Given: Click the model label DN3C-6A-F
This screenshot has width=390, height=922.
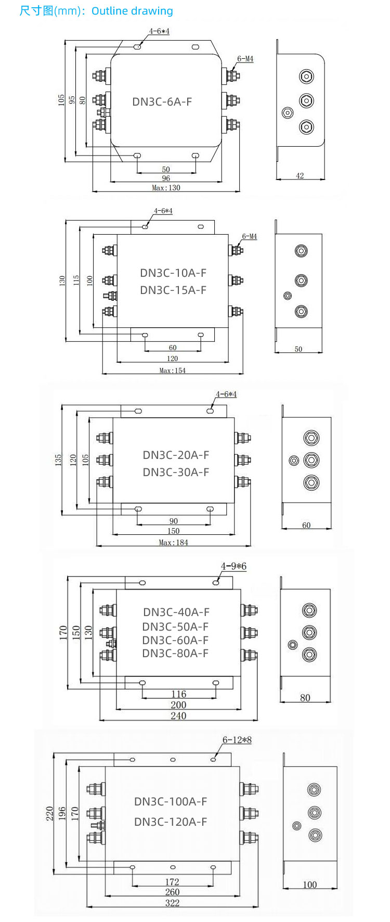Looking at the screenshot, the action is point(162,101).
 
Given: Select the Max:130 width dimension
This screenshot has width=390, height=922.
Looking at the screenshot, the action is point(166,187).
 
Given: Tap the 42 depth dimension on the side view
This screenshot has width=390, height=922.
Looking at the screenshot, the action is point(300,176).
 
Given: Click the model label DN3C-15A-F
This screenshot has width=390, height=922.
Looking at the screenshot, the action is point(173,290).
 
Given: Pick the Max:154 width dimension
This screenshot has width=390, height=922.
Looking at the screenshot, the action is point(172,370).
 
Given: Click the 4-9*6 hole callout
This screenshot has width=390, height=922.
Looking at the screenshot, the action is point(233,566).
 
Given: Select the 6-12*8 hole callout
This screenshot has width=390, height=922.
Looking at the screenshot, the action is point(237,739).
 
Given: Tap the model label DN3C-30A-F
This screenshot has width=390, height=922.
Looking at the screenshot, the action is point(176,472).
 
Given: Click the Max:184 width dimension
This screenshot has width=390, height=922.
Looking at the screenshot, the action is point(173,542).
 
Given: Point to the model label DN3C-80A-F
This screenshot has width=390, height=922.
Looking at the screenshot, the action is point(175,654).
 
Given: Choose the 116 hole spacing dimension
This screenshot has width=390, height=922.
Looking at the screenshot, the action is point(178,694).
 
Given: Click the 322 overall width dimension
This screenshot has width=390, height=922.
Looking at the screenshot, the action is point(172,903).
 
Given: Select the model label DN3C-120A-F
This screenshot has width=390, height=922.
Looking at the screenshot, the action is point(171,822).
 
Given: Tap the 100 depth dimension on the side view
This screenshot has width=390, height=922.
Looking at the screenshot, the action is point(309,885).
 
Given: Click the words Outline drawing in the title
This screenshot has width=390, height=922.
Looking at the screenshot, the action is point(132,11).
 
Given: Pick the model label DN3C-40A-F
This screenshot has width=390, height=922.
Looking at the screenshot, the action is point(176,612).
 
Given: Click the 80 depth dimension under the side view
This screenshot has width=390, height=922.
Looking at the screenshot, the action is point(305,698).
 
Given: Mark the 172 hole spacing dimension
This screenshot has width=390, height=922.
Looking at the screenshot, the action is point(172,882).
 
